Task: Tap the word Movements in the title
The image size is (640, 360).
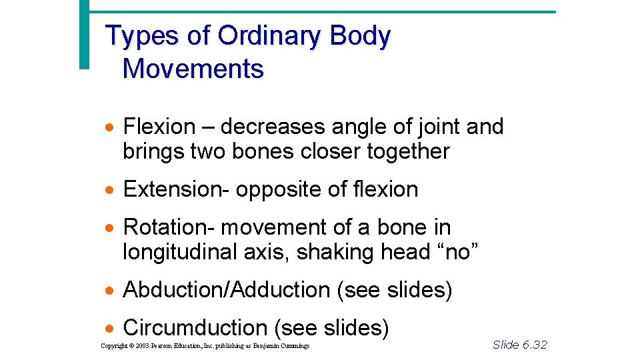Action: (x=193, y=69)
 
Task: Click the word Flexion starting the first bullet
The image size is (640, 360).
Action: (x=159, y=126)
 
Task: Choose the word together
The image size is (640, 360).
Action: (x=408, y=151)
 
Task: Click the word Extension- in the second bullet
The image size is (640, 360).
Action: (x=176, y=189)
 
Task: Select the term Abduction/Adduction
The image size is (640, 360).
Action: (x=227, y=290)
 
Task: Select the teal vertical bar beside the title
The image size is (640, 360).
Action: (x=83, y=33)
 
